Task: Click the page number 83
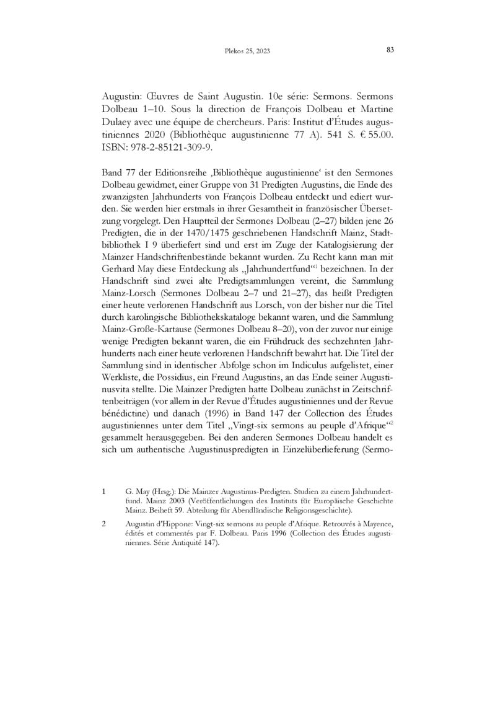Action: pyautogui.click(x=390, y=50)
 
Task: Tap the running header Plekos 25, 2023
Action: pyautogui.click(x=247, y=51)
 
